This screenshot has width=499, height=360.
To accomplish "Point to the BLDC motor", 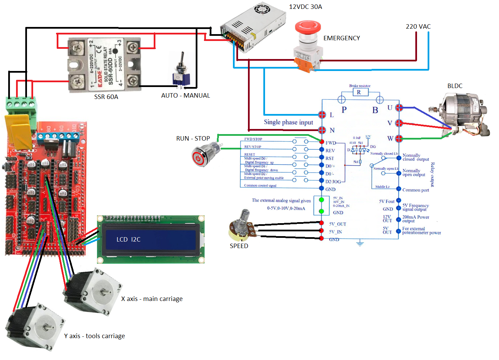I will [463, 113].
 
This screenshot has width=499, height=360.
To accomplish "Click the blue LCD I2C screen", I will [151, 240].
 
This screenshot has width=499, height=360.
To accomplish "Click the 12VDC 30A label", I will [305, 7].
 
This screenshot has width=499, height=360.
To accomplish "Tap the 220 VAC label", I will [418, 27].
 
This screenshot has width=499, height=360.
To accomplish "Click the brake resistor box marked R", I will [359, 92].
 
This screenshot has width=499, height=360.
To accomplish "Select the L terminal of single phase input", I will [322, 115].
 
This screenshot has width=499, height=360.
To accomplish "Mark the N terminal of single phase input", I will [322, 130].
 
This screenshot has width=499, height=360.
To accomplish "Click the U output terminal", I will [399, 108].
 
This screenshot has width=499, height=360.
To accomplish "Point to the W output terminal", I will [399, 138].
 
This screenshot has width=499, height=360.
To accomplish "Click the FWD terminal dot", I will [321, 142].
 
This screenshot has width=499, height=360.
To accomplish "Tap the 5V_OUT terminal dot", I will [321, 223].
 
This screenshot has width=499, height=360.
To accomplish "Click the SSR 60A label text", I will [106, 97].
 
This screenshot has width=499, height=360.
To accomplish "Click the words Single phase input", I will [288, 122].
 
